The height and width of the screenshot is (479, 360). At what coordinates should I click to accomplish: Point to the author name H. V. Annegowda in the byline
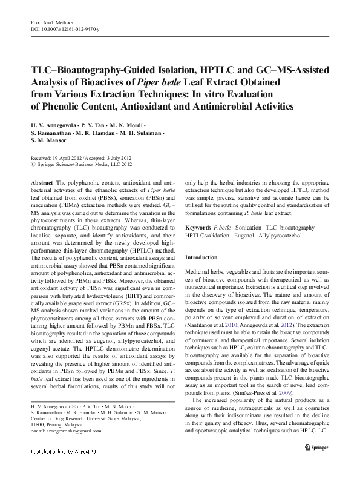pyautogui.click(x=58, y=123)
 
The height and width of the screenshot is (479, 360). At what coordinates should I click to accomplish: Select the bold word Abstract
pyautogui.click(x=41, y=182)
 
